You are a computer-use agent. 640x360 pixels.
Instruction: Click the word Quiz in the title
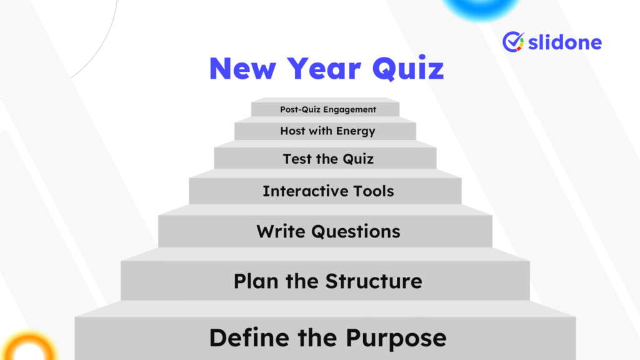point(408,68)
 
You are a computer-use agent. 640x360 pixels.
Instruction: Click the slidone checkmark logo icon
point(513,42)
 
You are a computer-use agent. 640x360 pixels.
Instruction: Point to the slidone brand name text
point(565,42)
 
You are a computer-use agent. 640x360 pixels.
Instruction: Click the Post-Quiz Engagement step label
point(328,109)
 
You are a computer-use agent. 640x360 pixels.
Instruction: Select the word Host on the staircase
point(292,131)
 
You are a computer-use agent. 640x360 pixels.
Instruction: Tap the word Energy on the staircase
point(356,131)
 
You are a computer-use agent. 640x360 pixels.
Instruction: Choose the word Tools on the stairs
point(372,191)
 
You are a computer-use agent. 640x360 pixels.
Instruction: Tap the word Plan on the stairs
point(257,281)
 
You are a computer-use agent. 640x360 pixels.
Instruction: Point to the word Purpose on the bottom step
point(396,338)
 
